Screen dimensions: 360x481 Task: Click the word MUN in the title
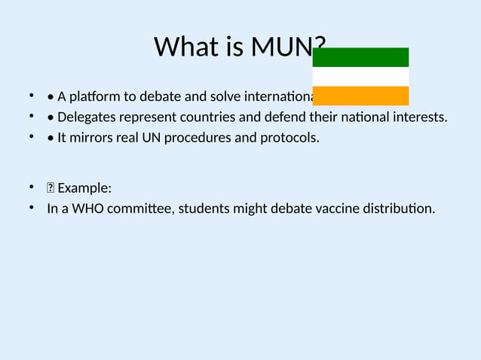(280, 47)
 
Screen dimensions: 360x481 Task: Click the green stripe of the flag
(360, 57)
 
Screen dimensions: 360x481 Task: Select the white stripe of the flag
(360, 77)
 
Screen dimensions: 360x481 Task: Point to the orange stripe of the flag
(360, 96)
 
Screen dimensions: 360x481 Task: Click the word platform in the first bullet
(93, 97)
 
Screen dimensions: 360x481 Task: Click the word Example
(84, 188)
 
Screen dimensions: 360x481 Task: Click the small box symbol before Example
(51, 188)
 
